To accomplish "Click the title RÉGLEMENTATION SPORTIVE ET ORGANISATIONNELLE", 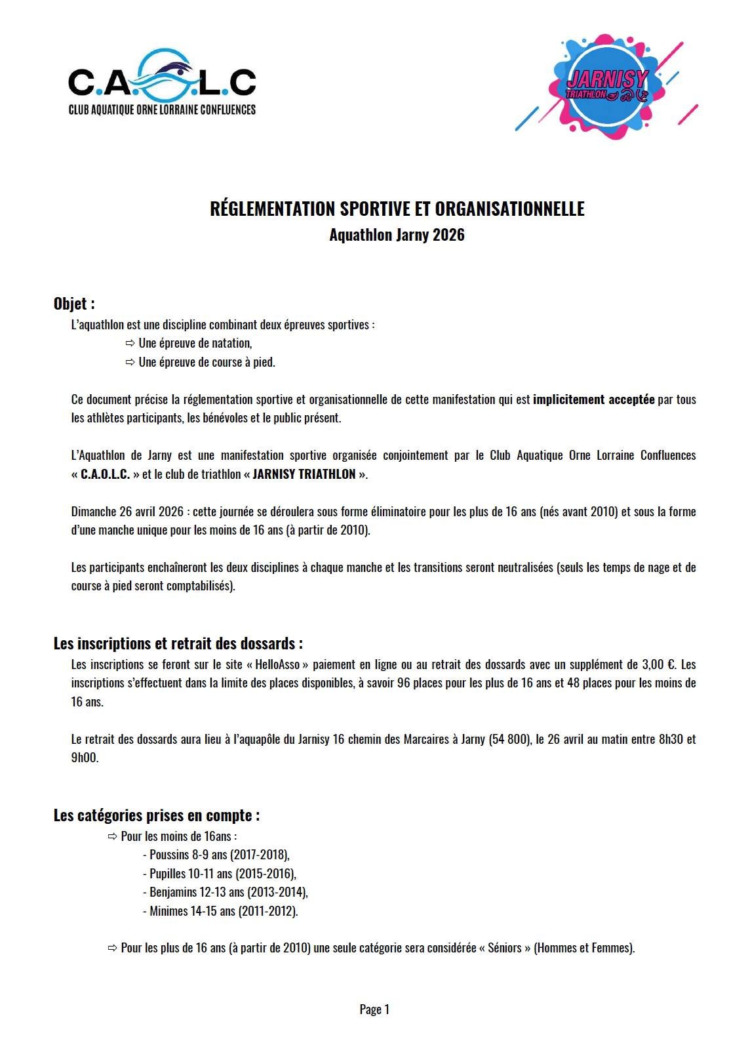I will pyautogui.click(x=397, y=209).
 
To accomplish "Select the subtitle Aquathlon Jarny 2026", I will pyautogui.click(x=397, y=235).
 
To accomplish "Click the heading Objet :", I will pyautogui.click(x=74, y=304).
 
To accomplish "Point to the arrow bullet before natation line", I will pyautogui.click(x=130, y=343).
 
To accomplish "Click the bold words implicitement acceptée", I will pyautogui.click(x=593, y=399).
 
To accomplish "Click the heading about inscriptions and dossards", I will pyautogui.click(x=178, y=643).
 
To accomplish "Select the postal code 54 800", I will pyautogui.click(x=508, y=739).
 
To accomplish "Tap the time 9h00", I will pyautogui.click(x=85, y=758).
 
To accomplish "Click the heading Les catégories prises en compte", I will pyautogui.click(x=156, y=815).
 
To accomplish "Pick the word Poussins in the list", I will pyautogui.click(x=169, y=855).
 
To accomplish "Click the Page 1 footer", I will pyautogui.click(x=374, y=1009).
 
